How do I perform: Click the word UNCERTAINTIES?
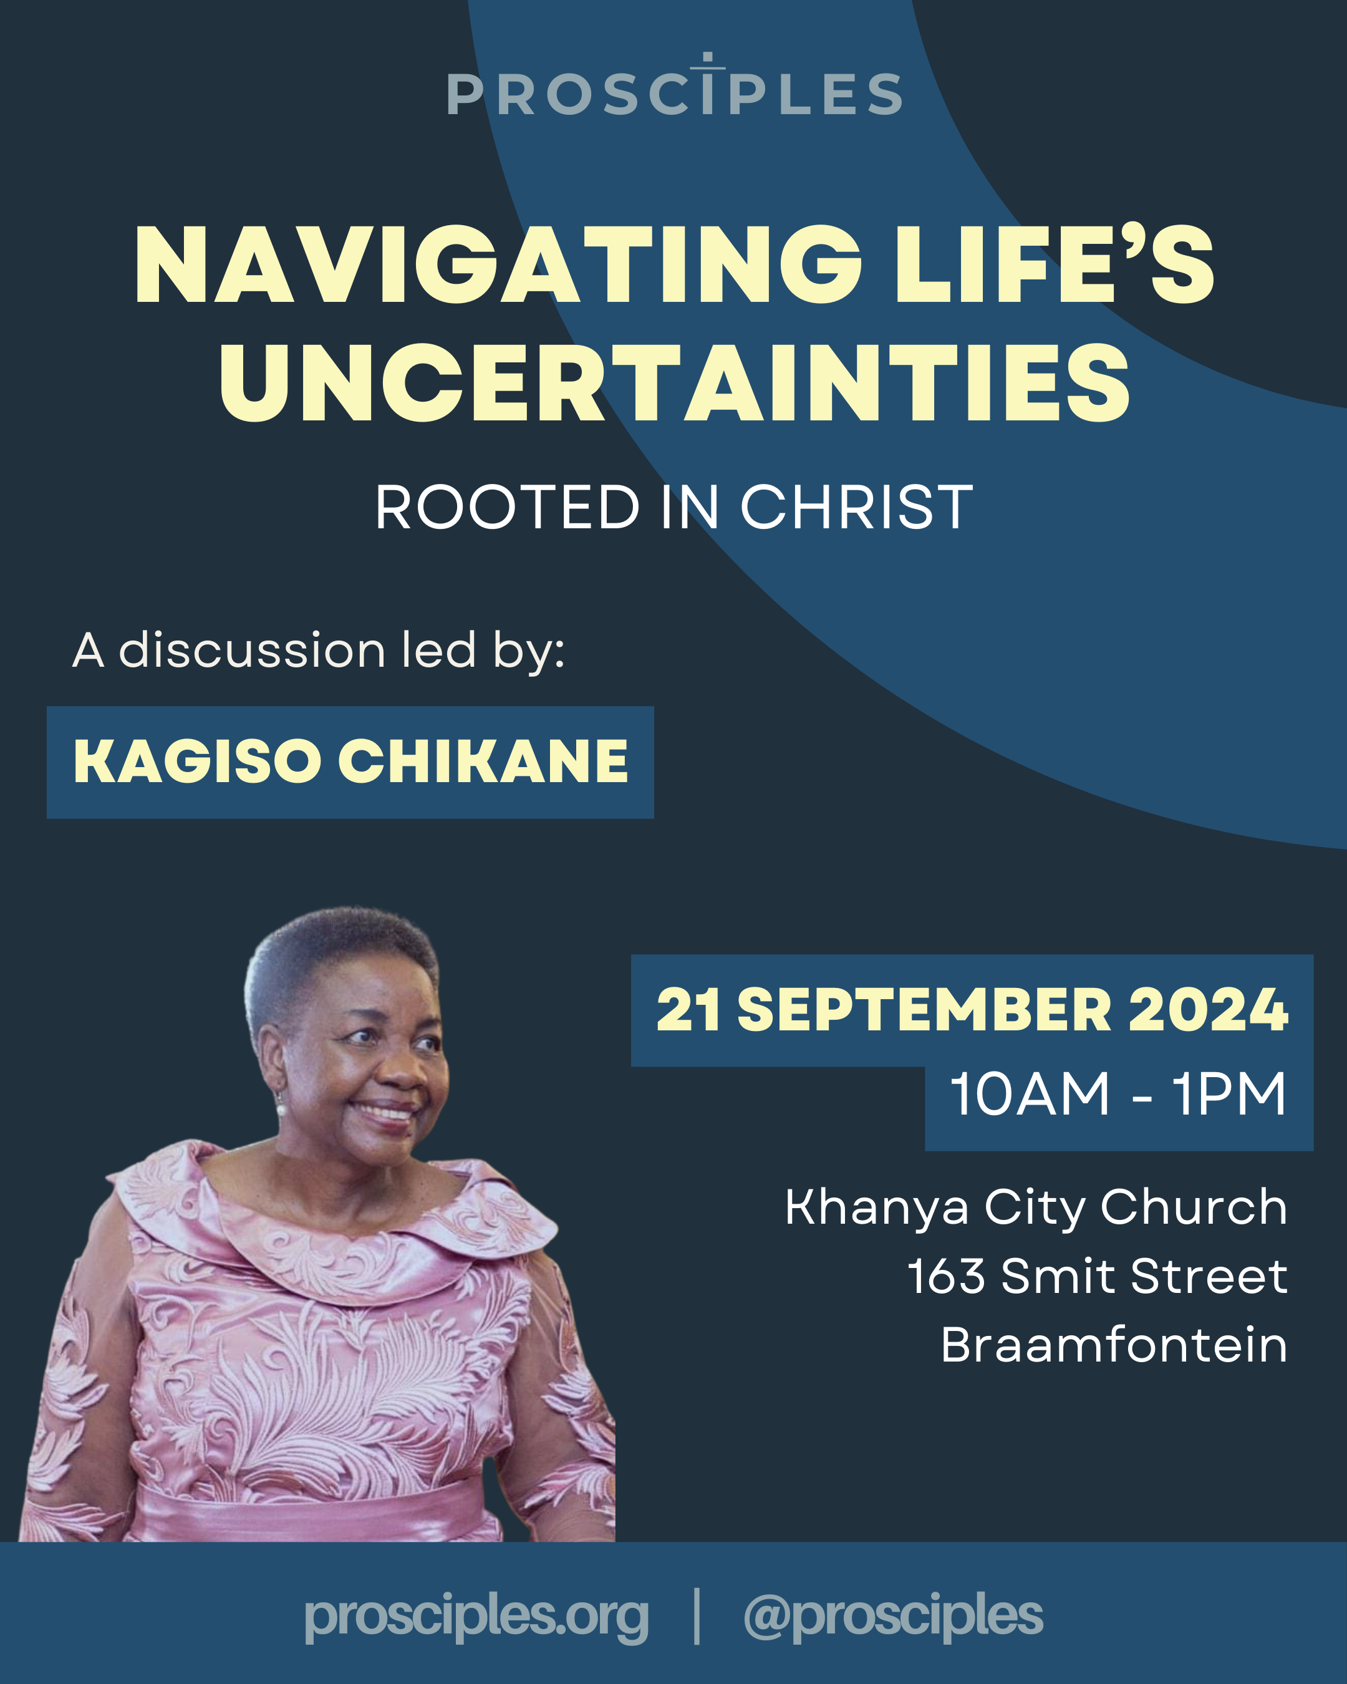675,384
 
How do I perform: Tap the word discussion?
251,650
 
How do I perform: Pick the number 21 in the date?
688,1009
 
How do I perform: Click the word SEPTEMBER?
925,1009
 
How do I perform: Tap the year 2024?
1208,1009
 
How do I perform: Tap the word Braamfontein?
1114,1345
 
